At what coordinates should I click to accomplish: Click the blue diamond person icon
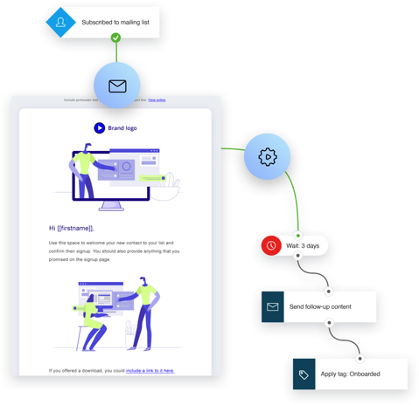60,23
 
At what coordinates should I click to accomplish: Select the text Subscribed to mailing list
115,23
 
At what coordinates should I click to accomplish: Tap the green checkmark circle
115,38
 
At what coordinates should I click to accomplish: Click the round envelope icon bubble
117,86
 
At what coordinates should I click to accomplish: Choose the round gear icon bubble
267,157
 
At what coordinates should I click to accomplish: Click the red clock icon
271,246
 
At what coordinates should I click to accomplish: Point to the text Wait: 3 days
303,246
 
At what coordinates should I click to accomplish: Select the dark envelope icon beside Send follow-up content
273,307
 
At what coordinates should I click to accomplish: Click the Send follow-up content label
320,307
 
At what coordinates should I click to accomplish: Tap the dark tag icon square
304,374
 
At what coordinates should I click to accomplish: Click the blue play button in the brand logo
99,128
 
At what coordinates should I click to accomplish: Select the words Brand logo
122,128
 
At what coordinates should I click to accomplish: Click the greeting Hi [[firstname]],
72,229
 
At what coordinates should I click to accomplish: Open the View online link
157,100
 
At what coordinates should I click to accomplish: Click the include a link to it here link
150,371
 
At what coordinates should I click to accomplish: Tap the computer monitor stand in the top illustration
111,206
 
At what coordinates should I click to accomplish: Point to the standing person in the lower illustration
143,312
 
